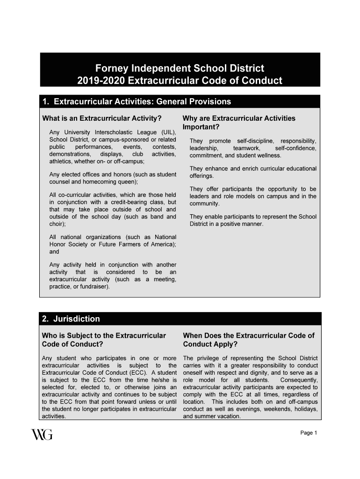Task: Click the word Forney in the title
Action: pos(112,68)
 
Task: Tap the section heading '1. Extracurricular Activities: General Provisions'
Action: pos(136,102)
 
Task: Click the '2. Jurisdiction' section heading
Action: pos(71,319)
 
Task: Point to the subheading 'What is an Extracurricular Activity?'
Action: pos(102,118)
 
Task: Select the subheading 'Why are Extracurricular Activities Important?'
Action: pos(239,123)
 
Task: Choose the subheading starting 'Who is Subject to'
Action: pos(104,340)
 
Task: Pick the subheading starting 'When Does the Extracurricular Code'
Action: pos(248,340)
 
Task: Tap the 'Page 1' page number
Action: pos(309,433)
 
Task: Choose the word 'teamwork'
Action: pos(247,148)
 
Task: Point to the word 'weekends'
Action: pos(280,409)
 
